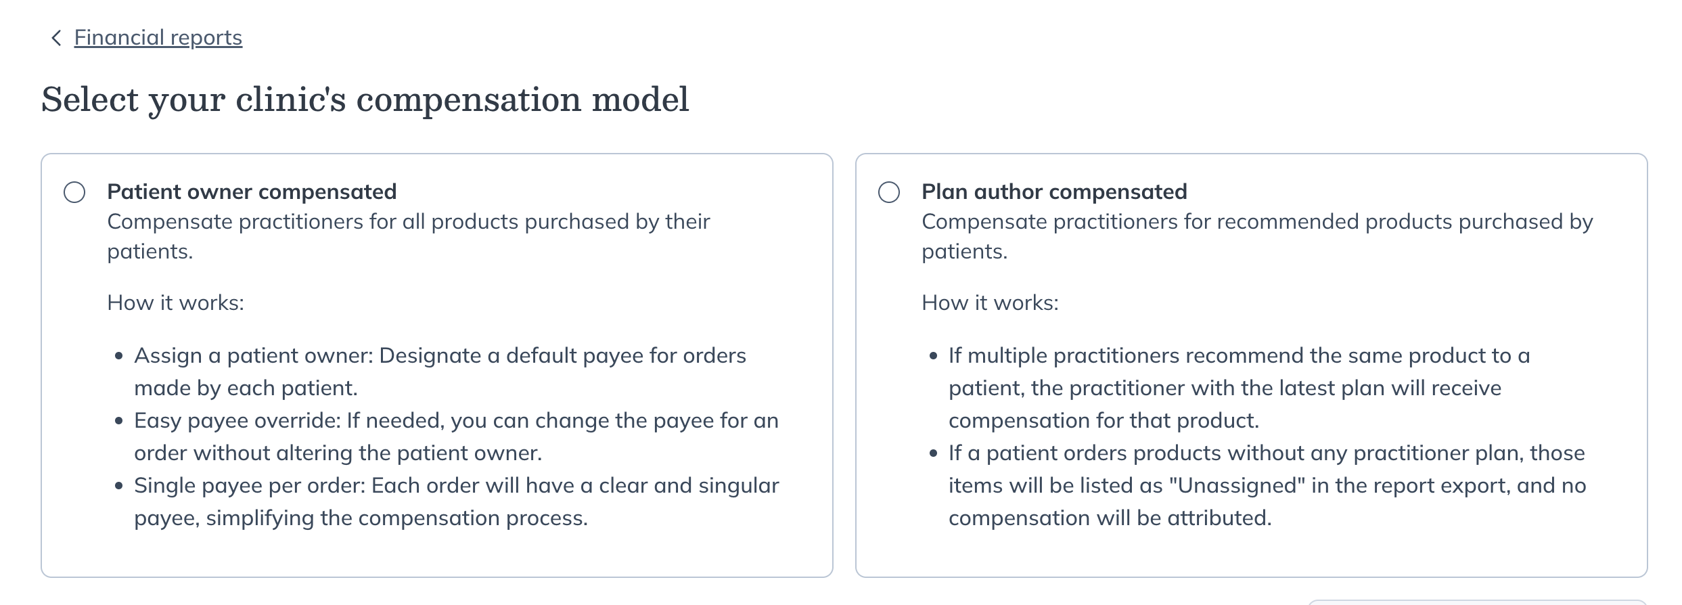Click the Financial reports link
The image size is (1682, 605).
click(x=158, y=37)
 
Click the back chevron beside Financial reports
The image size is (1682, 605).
click(x=56, y=38)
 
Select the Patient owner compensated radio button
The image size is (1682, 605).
click(x=74, y=192)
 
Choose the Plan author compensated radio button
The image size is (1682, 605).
click(x=889, y=192)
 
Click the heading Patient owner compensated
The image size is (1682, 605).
click(x=252, y=192)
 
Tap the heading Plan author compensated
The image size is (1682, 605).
click(x=1054, y=192)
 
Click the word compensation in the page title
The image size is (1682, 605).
click(x=468, y=100)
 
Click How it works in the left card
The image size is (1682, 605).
click(x=175, y=302)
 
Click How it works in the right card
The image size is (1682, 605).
click(x=990, y=302)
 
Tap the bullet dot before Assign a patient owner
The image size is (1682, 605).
click(x=119, y=356)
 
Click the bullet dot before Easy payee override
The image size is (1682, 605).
click(x=119, y=421)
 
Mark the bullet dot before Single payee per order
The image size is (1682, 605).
click(x=119, y=486)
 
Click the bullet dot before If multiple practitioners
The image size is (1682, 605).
click(x=934, y=356)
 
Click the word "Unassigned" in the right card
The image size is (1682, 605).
click(x=1236, y=485)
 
